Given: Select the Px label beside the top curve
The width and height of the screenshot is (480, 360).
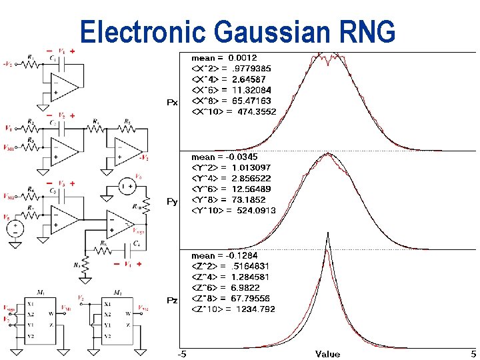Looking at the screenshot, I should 172,103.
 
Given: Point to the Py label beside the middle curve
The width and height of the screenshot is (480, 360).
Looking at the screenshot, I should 172,201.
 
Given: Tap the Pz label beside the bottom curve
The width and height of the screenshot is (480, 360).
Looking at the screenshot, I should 172,301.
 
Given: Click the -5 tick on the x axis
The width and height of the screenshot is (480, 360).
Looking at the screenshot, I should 181,354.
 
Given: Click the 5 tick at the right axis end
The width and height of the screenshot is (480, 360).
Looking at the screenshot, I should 473,354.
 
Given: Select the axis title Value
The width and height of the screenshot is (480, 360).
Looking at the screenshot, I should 327,354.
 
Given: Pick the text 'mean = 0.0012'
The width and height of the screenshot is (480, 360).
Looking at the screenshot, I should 224,58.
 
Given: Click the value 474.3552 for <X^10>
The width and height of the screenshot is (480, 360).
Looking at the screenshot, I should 256,111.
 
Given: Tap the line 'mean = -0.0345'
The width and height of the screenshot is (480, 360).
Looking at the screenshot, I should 224,157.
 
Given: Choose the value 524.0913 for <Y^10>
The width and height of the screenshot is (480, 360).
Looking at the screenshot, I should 256,211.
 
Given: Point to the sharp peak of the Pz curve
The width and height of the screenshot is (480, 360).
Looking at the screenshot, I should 327,235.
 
